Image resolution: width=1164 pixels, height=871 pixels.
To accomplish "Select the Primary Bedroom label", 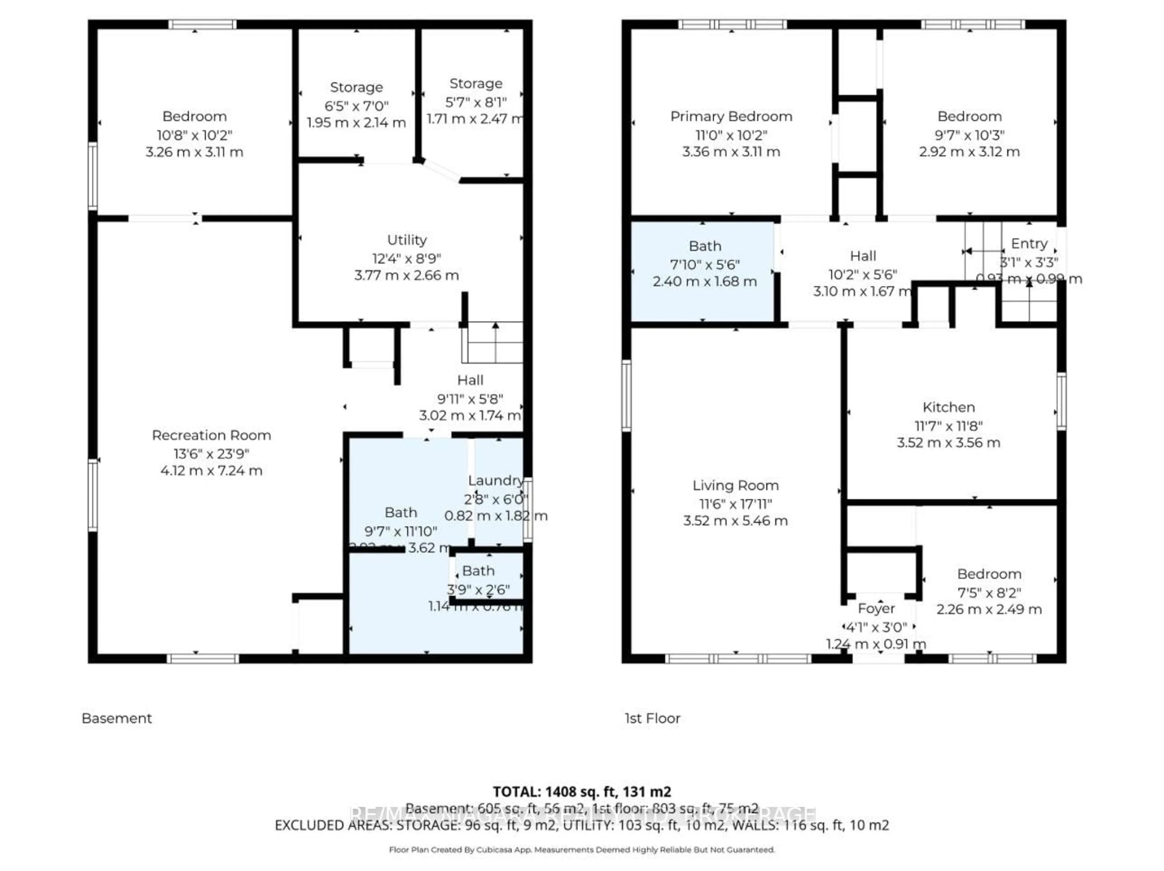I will coord(731,116).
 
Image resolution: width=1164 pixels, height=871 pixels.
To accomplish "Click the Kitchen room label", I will coord(948,407).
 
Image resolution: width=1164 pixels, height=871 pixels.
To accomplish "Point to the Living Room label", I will coord(735,485).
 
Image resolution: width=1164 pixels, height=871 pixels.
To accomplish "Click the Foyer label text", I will coord(876,608).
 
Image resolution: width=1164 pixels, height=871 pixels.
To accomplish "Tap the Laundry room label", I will coord(495,481).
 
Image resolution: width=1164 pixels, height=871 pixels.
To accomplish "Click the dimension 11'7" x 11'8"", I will coord(948,426).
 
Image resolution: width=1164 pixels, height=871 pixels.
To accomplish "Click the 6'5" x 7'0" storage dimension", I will coord(356,106).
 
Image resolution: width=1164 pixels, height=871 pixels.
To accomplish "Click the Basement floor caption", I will coord(117,719).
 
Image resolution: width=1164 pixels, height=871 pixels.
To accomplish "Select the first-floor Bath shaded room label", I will coord(704,246).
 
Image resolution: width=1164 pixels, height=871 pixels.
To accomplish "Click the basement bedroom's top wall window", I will coord(202,24).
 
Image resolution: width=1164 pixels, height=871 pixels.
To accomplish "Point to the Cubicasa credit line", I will coord(581,849).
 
